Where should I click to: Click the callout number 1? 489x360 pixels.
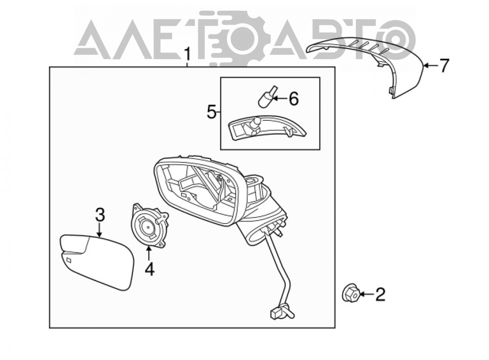[187, 55]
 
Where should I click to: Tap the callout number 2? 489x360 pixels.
[380, 294]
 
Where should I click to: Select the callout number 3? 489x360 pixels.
[100, 215]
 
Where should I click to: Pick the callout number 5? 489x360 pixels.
[211, 112]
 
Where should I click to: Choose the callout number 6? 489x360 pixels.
[293, 99]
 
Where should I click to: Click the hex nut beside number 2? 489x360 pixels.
[350, 293]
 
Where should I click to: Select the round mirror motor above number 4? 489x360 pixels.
[149, 225]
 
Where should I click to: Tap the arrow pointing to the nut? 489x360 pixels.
[368, 293]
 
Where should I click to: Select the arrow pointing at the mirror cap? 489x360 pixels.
[431, 65]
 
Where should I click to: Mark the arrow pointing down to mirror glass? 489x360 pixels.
[100, 230]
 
